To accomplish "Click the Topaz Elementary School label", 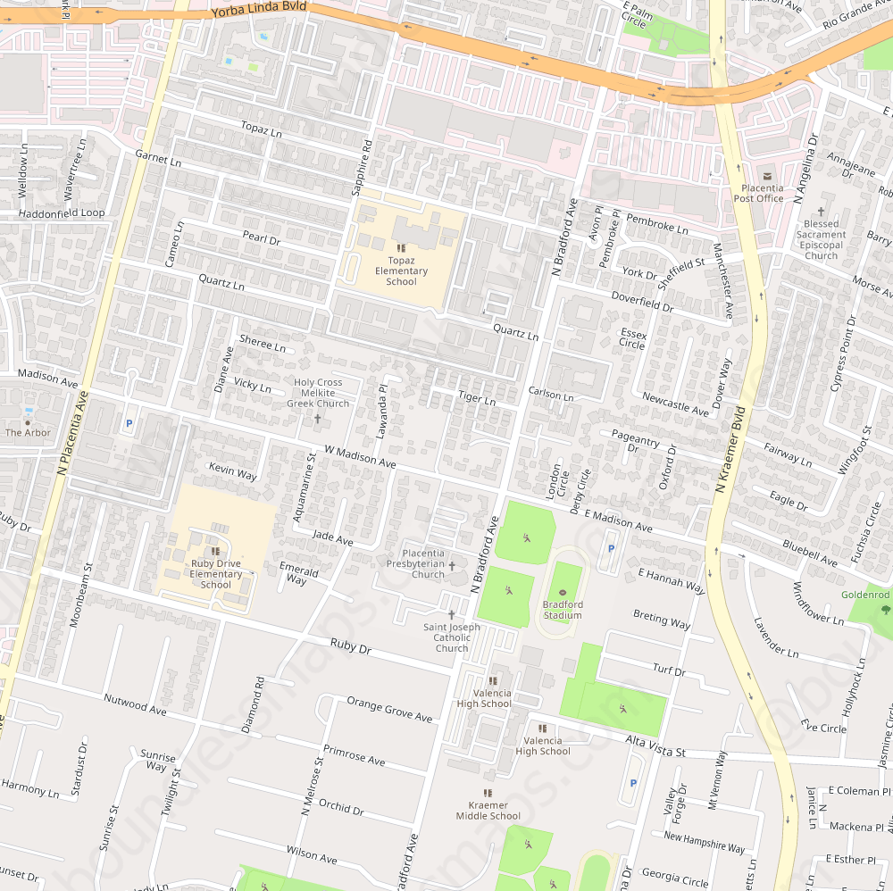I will (x=401, y=271).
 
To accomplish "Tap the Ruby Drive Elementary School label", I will (x=215, y=574).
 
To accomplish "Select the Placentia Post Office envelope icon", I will (x=765, y=175).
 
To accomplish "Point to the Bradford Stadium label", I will (x=563, y=610).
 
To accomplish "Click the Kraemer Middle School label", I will (x=488, y=811).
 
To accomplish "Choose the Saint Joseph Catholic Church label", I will (x=452, y=637).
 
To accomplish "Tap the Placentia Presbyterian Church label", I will (x=415, y=564).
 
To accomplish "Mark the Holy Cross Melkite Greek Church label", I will (x=318, y=393).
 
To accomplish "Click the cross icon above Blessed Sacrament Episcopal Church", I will (x=821, y=211).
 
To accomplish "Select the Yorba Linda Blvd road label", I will (x=259, y=10).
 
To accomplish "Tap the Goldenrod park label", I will (x=865, y=595).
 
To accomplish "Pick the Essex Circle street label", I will (x=632, y=338).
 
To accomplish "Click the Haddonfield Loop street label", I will (x=62, y=213).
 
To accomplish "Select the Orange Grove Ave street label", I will (x=389, y=710).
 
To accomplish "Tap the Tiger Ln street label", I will (x=476, y=398).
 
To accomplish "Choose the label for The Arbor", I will (x=28, y=433).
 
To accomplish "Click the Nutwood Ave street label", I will (x=135, y=704).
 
